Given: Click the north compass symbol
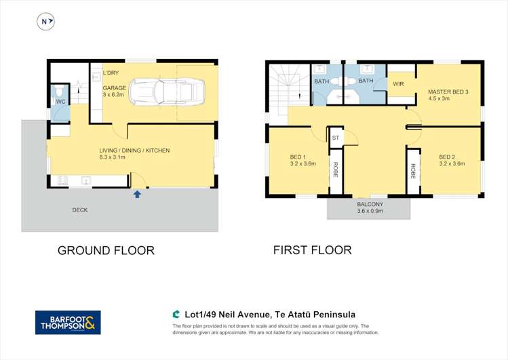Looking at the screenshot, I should (x=45, y=22).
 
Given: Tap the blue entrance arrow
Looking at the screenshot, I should (x=137, y=195).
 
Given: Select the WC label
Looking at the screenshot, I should (x=60, y=101).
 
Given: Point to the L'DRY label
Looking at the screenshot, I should (x=111, y=73).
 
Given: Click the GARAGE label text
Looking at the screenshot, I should (x=115, y=88).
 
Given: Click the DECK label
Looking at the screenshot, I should (x=80, y=209).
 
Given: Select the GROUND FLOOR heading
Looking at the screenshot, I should (x=106, y=250).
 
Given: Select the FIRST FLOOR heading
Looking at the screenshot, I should (x=312, y=249).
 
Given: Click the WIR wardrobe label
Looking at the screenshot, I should (x=399, y=83).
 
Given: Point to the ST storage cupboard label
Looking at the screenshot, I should (x=335, y=138).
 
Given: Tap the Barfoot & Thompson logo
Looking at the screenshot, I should (x=68, y=322).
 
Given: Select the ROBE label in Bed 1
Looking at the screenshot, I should (x=335, y=171).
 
